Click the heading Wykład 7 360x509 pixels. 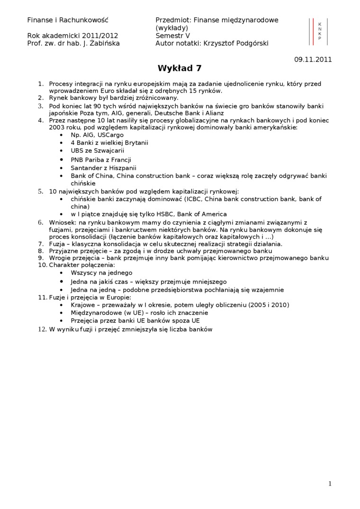(x=180, y=68)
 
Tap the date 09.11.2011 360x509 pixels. (x=313, y=60)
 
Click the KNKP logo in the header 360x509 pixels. (x=319, y=31)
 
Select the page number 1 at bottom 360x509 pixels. (x=330, y=483)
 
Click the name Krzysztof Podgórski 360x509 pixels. (x=235, y=43)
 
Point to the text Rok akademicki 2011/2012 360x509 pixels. (x=72, y=36)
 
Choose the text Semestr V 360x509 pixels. (x=172, y=36)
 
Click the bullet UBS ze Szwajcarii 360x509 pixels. (x=97, y=151)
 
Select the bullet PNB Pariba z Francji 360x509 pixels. (x=101, y=160)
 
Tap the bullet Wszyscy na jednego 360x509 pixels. (x=101, y=273)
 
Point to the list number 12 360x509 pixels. (x=42, y=330)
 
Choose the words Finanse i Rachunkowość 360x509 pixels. (x=68, y=20)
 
